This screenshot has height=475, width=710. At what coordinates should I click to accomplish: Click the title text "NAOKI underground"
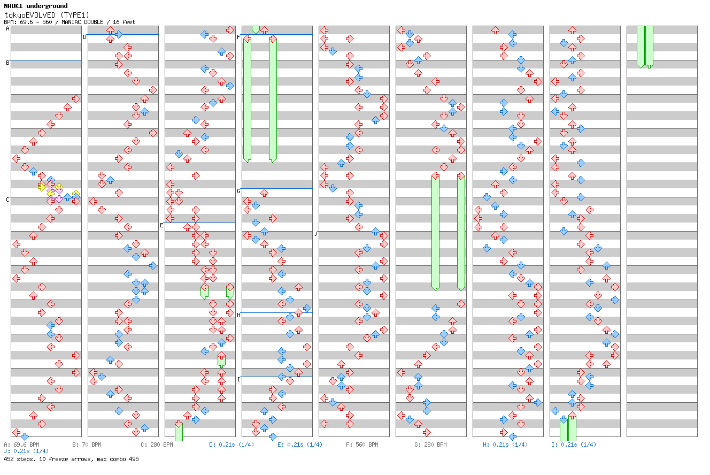click(x=36, y=6)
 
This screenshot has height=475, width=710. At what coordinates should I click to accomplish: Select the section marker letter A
click(x=7, y=29)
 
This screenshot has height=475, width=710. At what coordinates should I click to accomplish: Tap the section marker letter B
click(x=7, y=63)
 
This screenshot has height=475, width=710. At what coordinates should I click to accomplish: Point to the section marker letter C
click(x=7, y=200)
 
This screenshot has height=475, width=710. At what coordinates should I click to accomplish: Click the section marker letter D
click(x=84, y=37)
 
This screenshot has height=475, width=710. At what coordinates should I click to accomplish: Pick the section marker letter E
click(x=161, y=225)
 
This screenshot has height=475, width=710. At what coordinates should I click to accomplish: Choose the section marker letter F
click(x=238, y=37)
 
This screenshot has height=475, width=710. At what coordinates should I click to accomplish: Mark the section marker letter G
click(x=238, y=191)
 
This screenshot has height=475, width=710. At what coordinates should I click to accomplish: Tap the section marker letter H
click(x=238, y=315)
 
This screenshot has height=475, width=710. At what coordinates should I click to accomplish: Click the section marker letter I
click(x=238, y=379)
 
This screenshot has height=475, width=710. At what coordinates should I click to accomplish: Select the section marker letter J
click(x=315, y=234)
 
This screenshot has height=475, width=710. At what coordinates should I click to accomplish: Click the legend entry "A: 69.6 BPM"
click(x=21, y=445)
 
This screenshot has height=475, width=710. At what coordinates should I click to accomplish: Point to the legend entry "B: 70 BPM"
click(x=87, y=445)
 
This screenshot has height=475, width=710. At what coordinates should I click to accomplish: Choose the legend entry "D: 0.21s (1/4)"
click(x=231, y=445)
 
